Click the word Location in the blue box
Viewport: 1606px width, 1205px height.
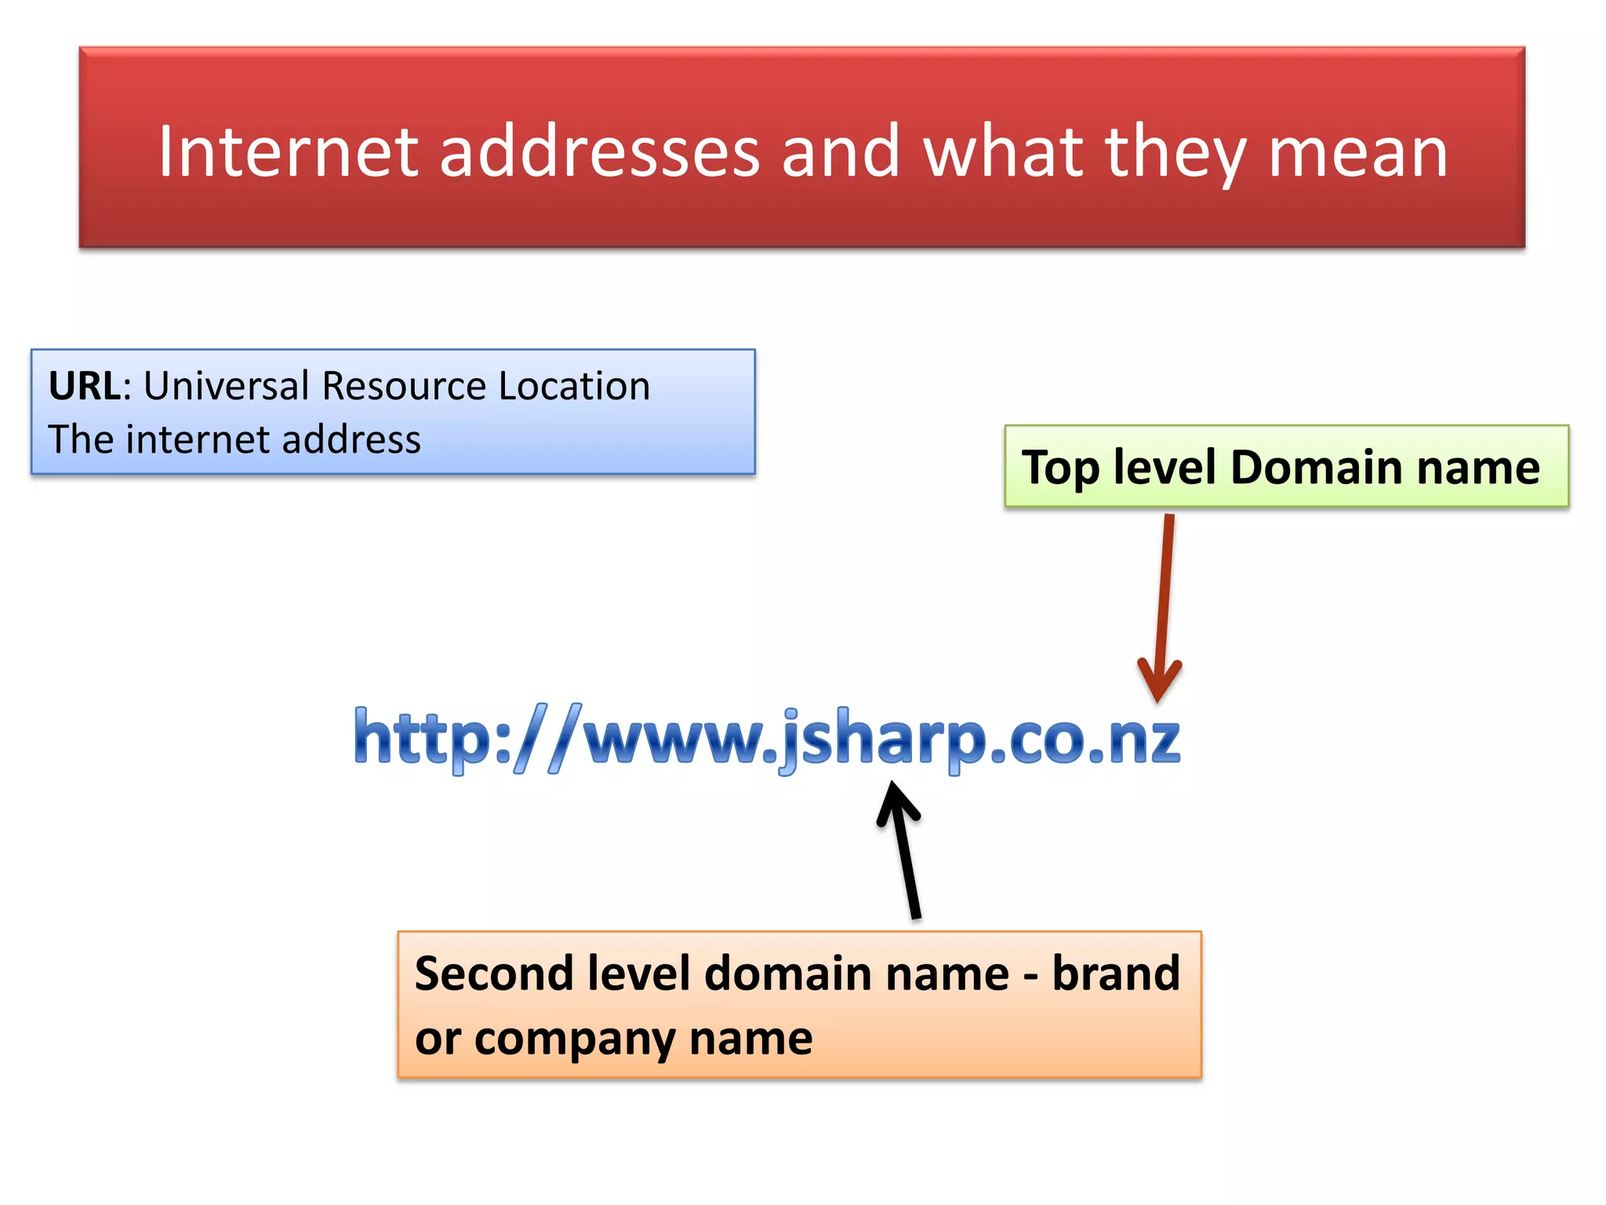[x=574, y=386]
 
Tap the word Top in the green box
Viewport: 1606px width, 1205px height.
[x=1060, y=468]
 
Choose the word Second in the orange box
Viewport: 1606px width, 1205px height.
[x=494, y=974]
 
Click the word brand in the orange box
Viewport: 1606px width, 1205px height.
[x=1115, y=974]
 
